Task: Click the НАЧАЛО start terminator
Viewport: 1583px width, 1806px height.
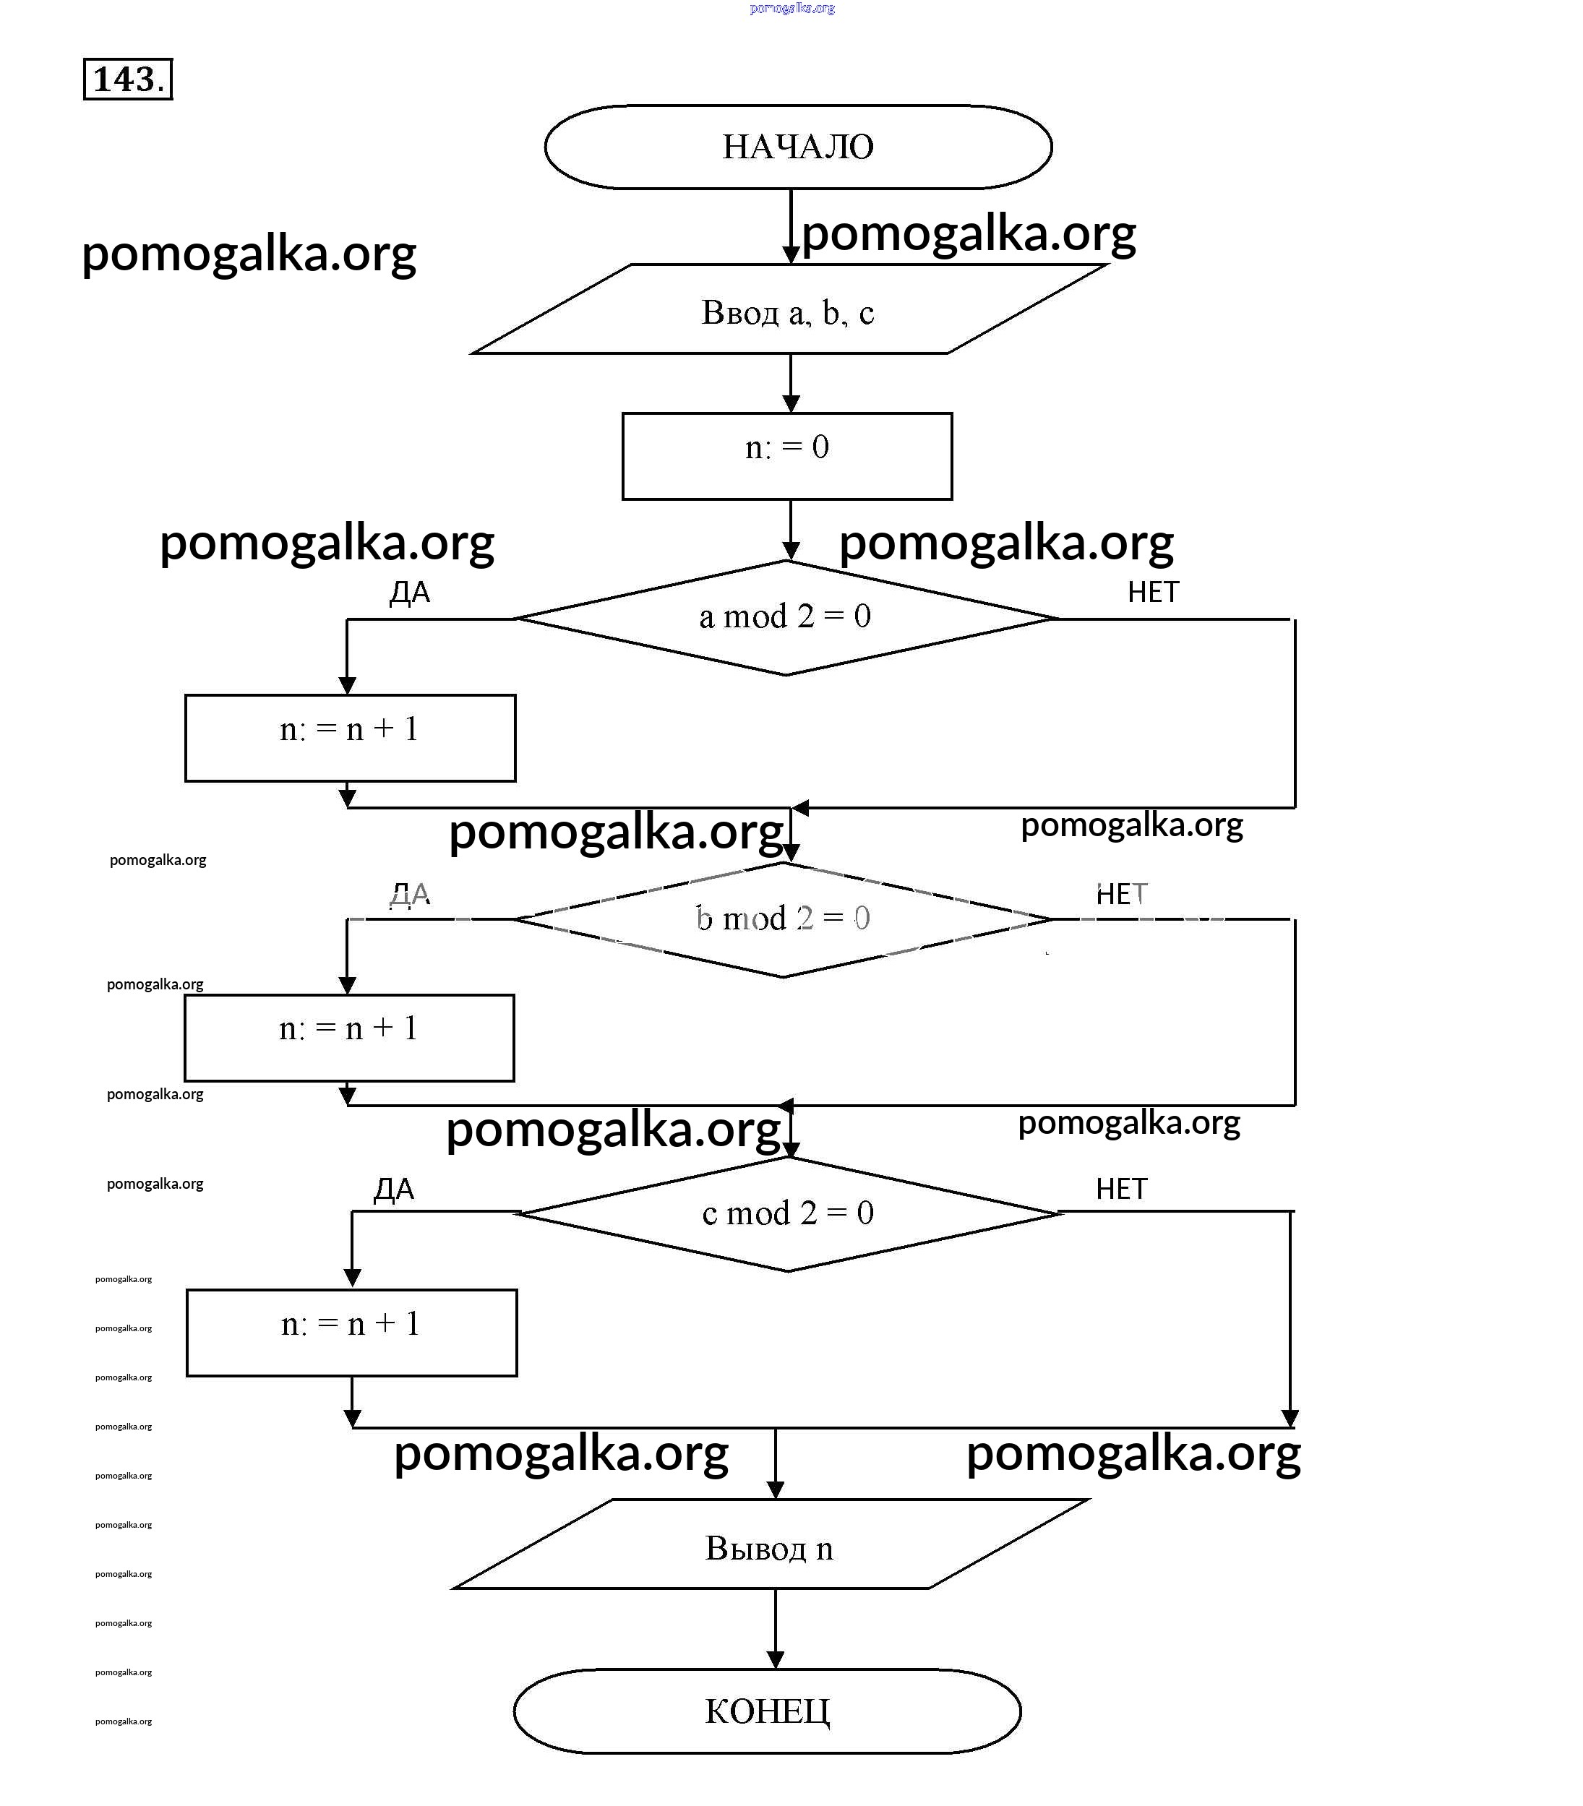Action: coord(798,147)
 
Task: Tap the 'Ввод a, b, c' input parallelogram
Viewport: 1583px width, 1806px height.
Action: coord(789,310)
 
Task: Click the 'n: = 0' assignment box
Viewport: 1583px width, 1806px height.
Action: coord(787,456)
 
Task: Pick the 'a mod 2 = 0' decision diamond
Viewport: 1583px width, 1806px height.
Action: coord(785,617)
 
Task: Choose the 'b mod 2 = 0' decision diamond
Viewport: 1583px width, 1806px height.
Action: coord(784,919)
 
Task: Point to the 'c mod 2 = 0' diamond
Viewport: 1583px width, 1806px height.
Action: coord(788,1213)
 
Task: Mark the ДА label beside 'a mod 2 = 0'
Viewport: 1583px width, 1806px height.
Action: coord(410,592)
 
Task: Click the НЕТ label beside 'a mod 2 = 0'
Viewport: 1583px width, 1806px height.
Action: coord(1153,592)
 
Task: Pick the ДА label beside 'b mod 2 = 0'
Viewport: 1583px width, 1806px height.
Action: coord(410,895)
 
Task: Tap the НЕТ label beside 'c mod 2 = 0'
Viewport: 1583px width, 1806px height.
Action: coord(1121,1189)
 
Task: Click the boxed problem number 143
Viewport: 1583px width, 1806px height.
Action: coord(128,79)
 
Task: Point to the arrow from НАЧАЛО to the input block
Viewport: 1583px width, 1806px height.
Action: coord(791,226)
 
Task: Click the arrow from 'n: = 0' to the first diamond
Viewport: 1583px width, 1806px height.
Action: coord(791,530)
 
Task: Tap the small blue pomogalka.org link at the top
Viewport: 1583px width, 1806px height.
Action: coord(791,8)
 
